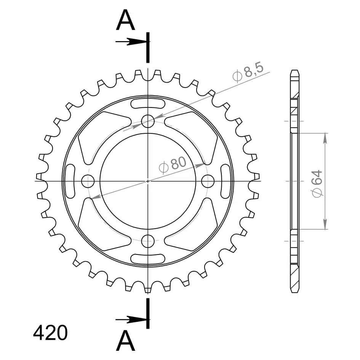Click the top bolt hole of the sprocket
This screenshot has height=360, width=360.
(148, 121)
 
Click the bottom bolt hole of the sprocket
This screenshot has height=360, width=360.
(148, 241)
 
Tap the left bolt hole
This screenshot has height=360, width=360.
(88, 181)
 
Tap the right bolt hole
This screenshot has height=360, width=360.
(208, 181)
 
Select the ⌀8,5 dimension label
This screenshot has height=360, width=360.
(248, 72)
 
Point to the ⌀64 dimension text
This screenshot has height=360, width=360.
(317, 184)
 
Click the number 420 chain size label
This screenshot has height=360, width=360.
(50, 333)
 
